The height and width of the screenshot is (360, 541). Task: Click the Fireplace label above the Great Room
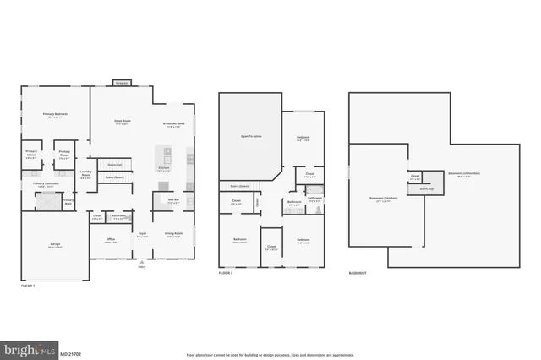(122, 84)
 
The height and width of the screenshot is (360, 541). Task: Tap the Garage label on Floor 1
(54, 243)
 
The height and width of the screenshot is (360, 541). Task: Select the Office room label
(110, 241)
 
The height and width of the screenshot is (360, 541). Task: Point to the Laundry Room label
(85, 174)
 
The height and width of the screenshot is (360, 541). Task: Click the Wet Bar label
(172, 200)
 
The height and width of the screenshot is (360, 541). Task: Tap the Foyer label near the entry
(143, 236)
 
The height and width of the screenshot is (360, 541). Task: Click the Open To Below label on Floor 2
(249, 135)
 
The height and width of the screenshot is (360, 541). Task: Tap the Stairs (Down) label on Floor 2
(239, 186)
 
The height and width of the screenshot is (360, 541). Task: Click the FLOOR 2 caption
(225, 274)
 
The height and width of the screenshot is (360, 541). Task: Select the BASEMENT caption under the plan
(358, 274)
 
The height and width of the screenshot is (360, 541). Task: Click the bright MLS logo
(29, 347)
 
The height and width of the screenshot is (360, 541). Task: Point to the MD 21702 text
(74, 347)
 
